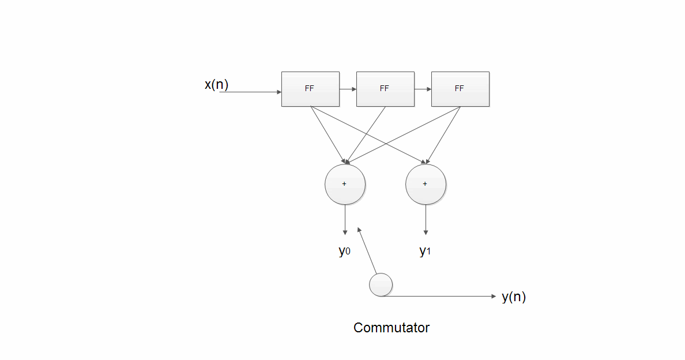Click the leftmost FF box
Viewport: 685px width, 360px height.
click(310, 89)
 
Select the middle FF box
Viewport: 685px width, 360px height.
click(385, 89)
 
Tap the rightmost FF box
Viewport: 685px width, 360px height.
click(460, 89)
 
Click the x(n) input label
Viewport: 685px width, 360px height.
click(216, 85)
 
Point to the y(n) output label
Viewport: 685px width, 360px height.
click(513, 297)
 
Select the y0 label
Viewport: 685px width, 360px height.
click(344, 251)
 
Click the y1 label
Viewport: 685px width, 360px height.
click(425, 251)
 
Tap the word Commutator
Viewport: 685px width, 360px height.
click(392, 328)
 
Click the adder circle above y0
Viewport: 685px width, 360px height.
click(345, 184)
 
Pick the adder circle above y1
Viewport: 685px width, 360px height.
click(426, 184)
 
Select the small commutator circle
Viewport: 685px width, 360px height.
click(381, 285)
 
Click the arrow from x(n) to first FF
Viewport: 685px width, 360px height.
click(251, 92)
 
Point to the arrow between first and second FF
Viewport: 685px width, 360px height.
click(348, 89)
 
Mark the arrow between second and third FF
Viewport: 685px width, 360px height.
click(423, 89)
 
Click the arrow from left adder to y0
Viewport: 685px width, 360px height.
click(345, 219)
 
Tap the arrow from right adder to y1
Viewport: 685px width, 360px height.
click(426, 219)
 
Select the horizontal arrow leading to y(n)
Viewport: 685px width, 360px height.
click(438, 297)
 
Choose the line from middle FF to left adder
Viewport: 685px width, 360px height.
click(366, 134)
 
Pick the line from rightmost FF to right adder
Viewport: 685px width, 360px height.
click(443, 134)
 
